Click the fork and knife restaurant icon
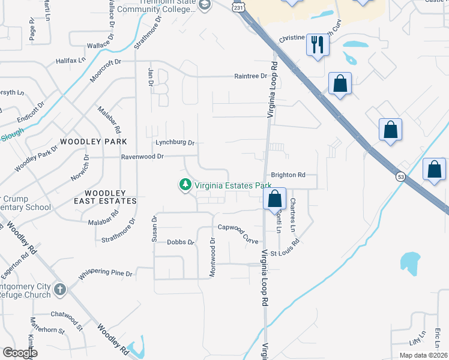click(318, 44)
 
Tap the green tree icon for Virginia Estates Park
click(185, 185)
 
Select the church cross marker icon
click(59, 290)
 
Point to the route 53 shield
click(400, 176)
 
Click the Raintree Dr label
click(251, 76)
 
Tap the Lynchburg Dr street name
click(175, 143)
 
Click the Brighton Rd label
click(288, 175)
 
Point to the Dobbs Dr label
click(181, 242)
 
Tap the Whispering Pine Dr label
click(105, 274)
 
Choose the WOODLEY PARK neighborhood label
click(93, 141)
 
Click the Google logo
click(19, 352)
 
